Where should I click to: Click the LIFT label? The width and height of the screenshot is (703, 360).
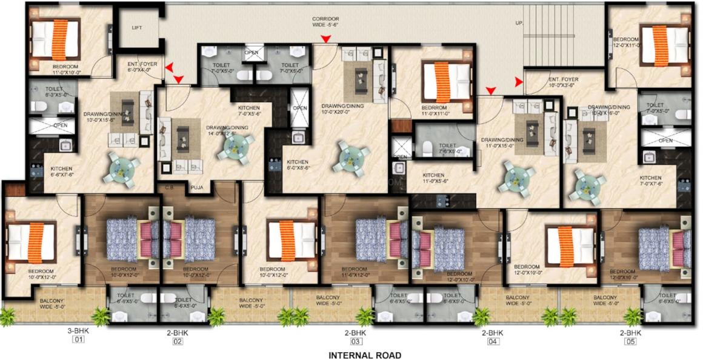tap(138, 28)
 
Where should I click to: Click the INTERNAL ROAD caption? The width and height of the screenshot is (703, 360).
tap(364, 355)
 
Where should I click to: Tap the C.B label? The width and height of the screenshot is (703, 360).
tap(169, 188)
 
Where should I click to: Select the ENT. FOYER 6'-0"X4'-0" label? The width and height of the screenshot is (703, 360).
tap(141, 66)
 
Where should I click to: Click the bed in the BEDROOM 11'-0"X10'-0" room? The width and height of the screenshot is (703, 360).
tap(56, 36)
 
